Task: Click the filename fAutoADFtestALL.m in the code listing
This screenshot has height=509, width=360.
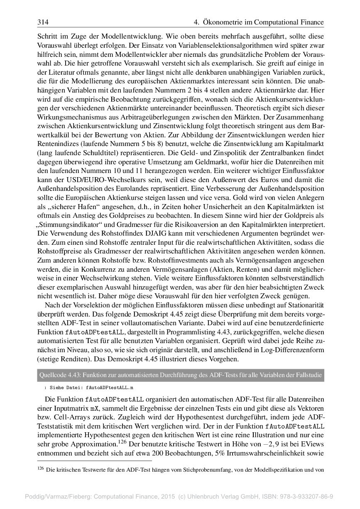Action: pos(110,387)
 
